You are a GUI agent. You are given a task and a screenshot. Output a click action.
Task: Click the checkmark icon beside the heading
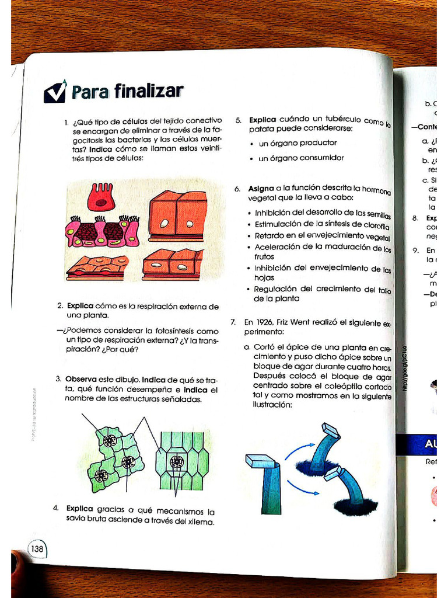pos(55,91)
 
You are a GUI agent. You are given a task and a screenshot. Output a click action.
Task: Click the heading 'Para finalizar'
pos(127,91)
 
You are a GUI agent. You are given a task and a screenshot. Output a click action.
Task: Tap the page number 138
pos(37,548)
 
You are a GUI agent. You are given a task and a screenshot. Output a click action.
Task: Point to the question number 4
pos(56,507)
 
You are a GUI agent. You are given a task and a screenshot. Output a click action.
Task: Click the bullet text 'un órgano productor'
pos(297,142)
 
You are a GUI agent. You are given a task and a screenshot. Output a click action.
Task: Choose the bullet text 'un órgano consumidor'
pos(301,158)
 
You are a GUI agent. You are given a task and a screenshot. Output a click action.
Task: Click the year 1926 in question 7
pos(265,321)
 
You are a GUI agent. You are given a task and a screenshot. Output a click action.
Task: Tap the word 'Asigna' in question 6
pos(261,189)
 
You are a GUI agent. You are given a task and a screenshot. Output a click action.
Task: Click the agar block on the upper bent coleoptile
pos(331,430)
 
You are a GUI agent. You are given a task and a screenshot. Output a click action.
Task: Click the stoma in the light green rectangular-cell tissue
pos(177,463)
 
